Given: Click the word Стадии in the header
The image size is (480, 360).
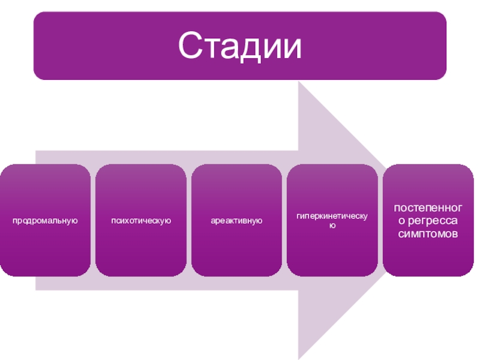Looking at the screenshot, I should pyautogui.click(x=240, y=46).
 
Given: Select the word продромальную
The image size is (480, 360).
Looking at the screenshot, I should pyautogui.click(x=46, y=221).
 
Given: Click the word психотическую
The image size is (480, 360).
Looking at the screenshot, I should pyautogui.click(x=141, y=221).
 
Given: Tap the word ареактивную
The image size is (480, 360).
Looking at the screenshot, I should pyautogui.click(x=237, y=221).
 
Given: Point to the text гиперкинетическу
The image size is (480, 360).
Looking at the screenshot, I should pyautogui.click(x=332, y=215).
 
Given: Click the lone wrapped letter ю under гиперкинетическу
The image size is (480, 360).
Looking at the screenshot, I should pyautogui.click(x=332, y=226).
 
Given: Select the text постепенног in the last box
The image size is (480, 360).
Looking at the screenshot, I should pyautogui.click(x=428, y=208).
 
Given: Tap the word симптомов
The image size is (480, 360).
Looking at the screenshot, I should pyautogui.click(x=428, y=233).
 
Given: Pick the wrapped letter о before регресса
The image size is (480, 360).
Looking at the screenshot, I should pyautogui.click(x=399, y=221).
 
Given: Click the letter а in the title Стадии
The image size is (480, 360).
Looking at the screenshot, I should pyautogui.click(x=226, y=48).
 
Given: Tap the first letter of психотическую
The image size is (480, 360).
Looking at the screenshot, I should pyautogui.click(x=113, y=221).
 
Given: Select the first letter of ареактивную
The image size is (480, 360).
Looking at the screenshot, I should pyautogui.click(x=212, y=221).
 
